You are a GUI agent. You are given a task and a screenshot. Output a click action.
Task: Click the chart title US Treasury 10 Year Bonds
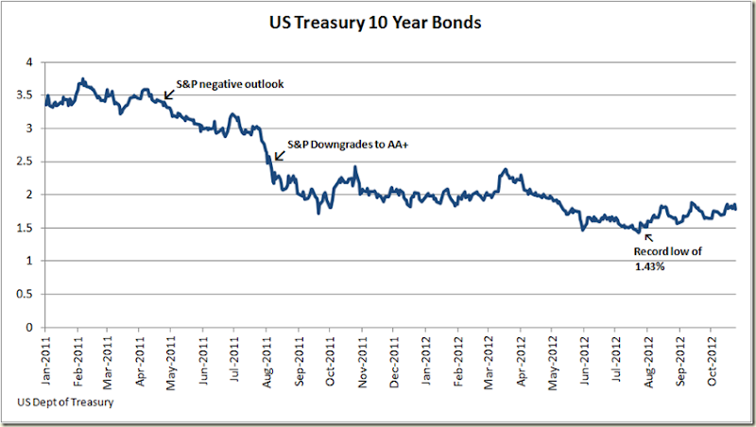pos(377,22)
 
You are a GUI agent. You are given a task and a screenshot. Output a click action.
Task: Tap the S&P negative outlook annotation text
pos(230,84)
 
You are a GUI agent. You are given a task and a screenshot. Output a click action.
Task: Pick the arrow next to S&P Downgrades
pos(277,156)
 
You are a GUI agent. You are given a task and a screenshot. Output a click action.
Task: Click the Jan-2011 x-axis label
pos(47,359)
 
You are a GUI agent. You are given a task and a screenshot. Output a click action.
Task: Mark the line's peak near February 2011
pos(83,79)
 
